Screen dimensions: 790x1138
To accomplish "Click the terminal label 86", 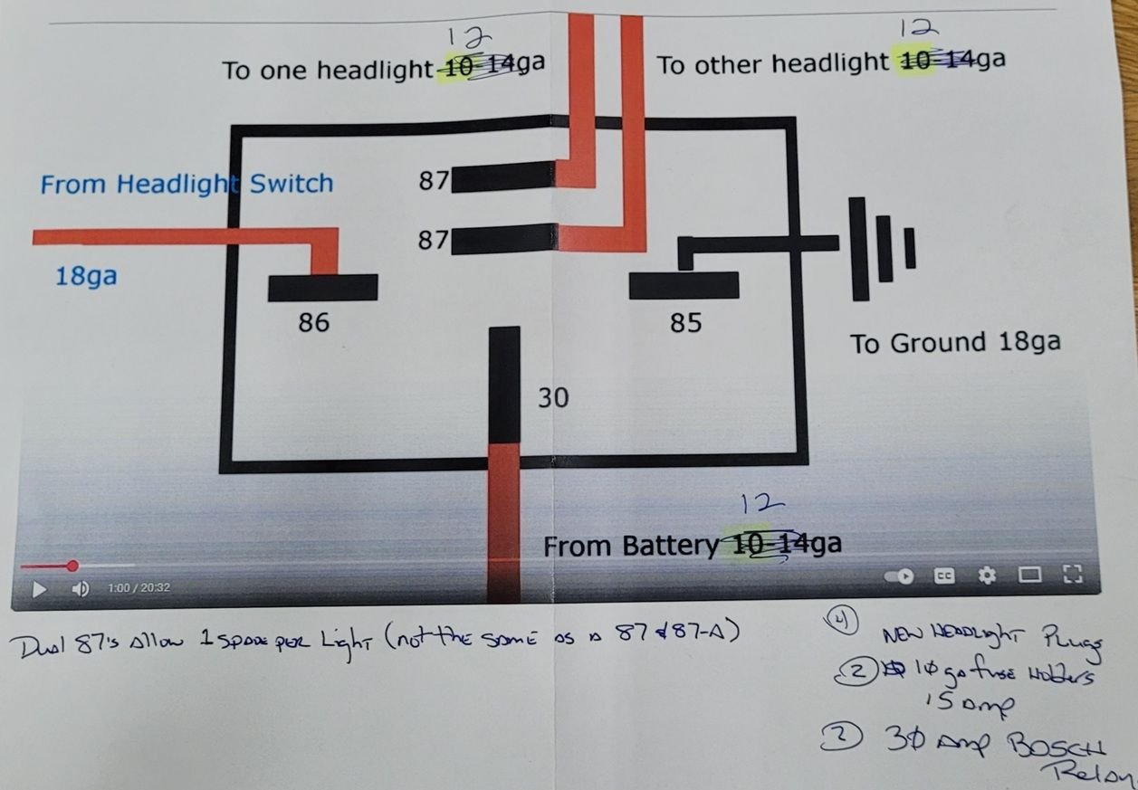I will (313, 321).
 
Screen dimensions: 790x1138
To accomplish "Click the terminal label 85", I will (685, 322).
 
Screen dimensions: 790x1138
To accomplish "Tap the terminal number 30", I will (553, 397).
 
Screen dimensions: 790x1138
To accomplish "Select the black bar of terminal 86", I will (322, 288).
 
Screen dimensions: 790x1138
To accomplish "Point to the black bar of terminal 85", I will (684, 285).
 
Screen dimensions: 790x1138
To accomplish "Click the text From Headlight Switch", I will (186, 185).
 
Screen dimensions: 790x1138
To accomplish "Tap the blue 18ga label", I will (86, 276).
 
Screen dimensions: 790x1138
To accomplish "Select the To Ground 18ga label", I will (954, 343).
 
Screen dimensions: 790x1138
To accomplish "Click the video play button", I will (39, 589).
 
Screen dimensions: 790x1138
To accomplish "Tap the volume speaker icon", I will (80, 589).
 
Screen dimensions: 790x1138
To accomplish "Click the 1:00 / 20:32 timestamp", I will (139, 588).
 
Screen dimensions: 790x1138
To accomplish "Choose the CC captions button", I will (944, 576).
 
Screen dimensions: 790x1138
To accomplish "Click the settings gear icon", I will (987, 575).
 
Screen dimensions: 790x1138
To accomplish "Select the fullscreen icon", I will (1072, 574).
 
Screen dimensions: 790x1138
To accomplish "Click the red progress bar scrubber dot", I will (72, 566).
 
